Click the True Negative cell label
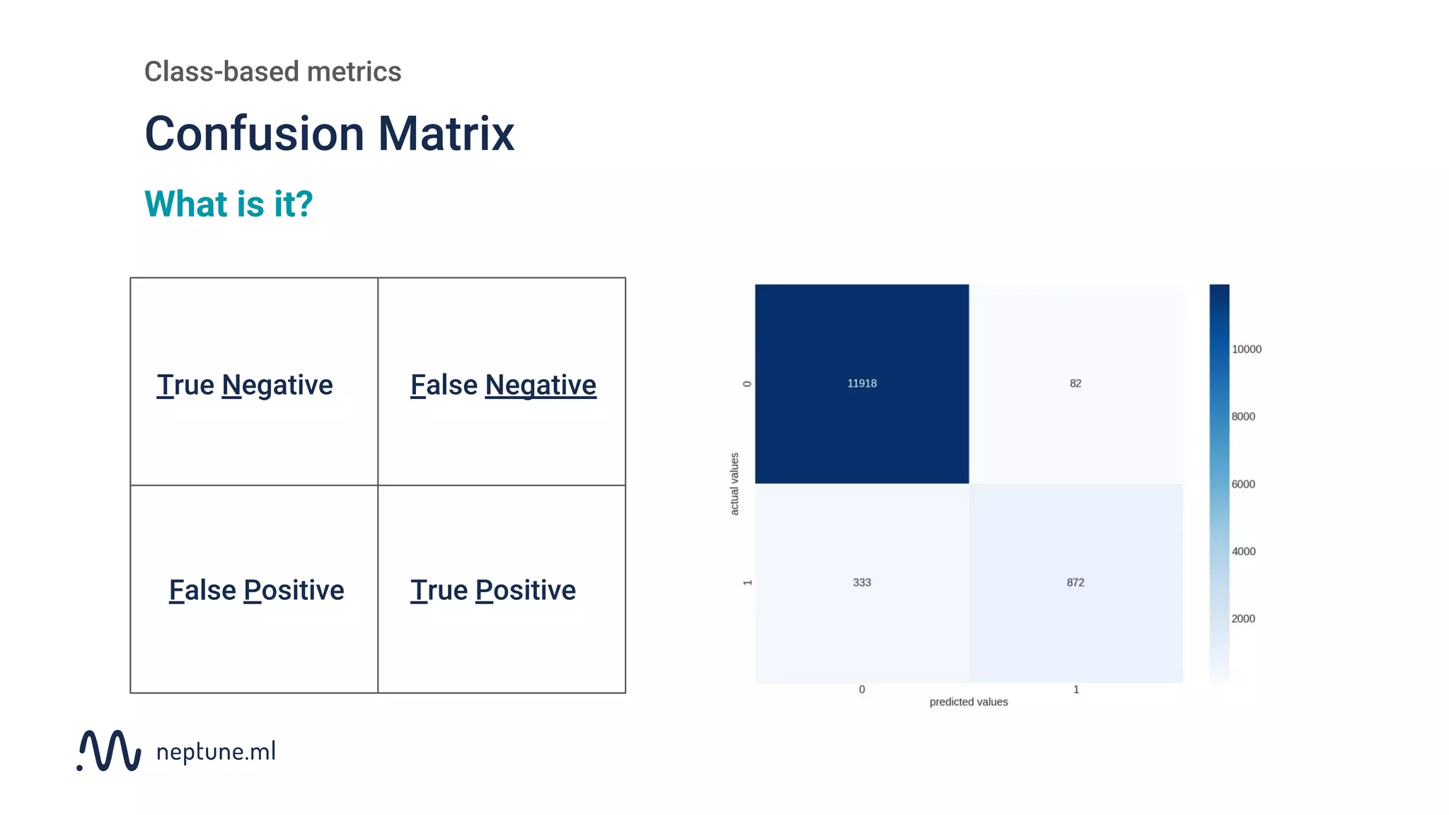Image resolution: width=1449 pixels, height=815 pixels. pos(245,386)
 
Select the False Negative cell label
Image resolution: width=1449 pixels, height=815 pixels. pos(503,386)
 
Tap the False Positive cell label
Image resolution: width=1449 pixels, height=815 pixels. pos(256,591)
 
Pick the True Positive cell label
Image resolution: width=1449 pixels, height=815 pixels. pos(493,591)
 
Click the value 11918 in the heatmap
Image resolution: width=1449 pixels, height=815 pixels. pos(862,383)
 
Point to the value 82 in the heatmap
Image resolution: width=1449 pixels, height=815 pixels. pos(1075,383)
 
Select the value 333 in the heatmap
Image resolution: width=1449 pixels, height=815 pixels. pos(862,583)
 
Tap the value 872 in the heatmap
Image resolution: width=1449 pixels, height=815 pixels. pos(1075,583)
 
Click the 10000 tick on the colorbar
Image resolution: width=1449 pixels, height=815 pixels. pos(1246,349)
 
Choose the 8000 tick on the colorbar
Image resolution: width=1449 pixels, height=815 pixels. pos(1243,417)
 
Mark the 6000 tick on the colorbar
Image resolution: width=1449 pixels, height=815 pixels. pos(1243,485)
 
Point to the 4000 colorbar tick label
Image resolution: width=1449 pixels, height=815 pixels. pos(1243,552)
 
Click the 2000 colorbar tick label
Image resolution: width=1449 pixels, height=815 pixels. pos(1243,619)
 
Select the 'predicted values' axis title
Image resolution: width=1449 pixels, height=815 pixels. pos(969,702)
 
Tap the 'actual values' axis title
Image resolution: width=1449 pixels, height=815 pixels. pos(734,484)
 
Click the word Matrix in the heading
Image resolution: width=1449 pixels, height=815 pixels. pos(446,134)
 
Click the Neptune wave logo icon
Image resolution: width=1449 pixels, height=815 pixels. pos(109,751)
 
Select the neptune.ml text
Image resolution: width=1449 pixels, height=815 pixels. pos(216,751)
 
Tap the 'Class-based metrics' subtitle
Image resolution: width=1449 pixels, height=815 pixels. pos(272,71)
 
